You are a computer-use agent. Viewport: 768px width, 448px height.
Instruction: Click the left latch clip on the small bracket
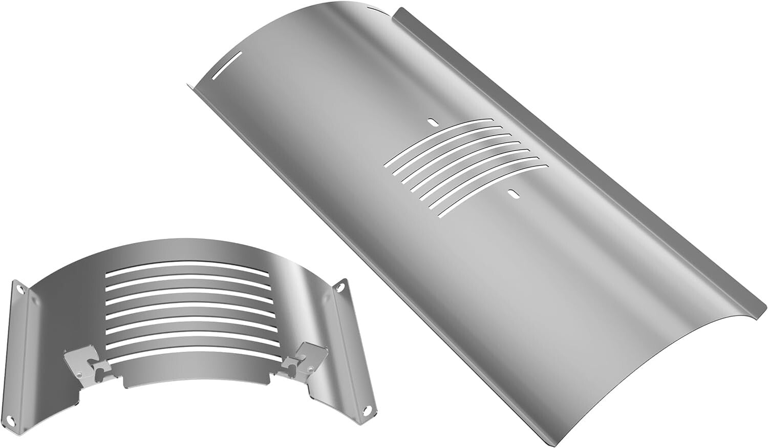(82, 359)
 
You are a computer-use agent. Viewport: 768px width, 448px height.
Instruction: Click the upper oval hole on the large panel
(432, 122)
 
